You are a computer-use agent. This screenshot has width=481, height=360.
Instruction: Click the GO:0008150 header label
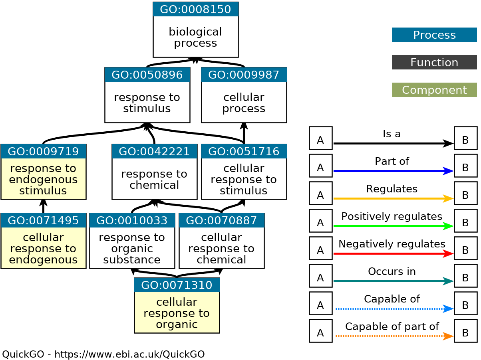pos(195,9)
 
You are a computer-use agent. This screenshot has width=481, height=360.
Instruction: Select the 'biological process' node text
pos(195,37)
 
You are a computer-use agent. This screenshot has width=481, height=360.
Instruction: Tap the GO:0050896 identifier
pos(147,75)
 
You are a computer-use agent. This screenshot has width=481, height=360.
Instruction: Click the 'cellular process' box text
pos(244,103)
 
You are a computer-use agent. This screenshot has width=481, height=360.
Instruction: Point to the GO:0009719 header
pos(43,151)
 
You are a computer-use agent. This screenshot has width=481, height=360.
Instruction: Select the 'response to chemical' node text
pos(154,179)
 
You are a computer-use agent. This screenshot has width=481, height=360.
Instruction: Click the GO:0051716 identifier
pos(244,151)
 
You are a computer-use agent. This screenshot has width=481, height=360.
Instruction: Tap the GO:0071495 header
pos(43,220)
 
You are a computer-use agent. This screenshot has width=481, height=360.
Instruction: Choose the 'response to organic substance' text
pos(132,248)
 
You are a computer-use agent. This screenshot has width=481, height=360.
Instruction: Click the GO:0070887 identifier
pos(221,220)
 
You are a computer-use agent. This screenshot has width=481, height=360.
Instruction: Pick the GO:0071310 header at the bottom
pos(177,285)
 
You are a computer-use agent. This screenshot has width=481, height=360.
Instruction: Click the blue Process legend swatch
pos(434,35)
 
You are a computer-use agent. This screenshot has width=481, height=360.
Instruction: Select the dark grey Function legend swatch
pos(434,62)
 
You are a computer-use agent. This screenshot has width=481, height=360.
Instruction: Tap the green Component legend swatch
pos(434,90)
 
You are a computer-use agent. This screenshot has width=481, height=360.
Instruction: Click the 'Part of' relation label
pos(392,161)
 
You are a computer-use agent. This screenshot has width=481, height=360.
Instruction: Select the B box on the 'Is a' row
pos(465,138)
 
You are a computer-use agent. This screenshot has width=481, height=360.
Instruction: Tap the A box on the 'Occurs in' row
pos(320,276)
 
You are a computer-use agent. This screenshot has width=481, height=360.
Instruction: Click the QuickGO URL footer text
pos(103,354)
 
